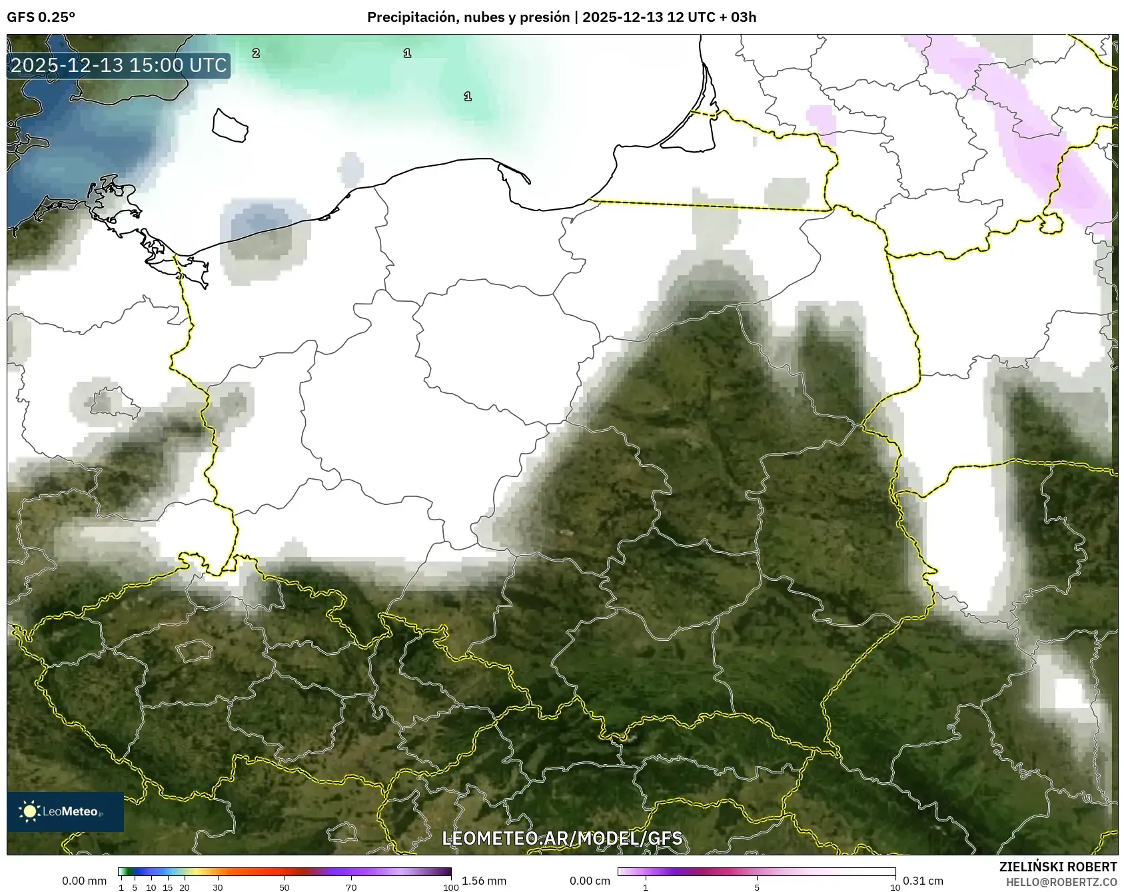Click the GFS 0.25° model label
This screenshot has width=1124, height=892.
tap(41, 17)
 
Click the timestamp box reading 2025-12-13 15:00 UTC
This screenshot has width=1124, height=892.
tap(119, 65)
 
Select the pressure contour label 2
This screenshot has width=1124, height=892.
tap(256, 53)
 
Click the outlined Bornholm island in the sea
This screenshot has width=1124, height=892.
tap(230, 125)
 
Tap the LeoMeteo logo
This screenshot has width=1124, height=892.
tap(65, 811)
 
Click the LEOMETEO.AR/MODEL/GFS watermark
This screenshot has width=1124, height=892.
tap(562, 838)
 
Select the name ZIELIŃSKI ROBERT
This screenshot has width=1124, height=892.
tap(1057, 867)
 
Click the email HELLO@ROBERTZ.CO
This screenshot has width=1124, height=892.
tap(1061, 882)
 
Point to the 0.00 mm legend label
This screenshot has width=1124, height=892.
tap(84, 881)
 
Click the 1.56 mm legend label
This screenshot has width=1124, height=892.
tap(484, 881)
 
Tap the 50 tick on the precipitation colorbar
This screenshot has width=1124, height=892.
tap(284, 887)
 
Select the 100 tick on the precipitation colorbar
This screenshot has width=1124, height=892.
tap(451, 887)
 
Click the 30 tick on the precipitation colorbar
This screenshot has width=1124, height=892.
tap(218, 887)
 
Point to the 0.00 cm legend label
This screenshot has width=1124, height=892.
tap(590, 881)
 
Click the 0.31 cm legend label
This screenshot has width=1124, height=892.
tap(923, 881)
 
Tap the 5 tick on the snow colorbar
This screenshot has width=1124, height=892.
tap(757, 887)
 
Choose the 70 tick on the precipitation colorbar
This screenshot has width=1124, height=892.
tap(351, 887)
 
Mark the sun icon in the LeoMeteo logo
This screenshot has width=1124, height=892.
tap(29, 811)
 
